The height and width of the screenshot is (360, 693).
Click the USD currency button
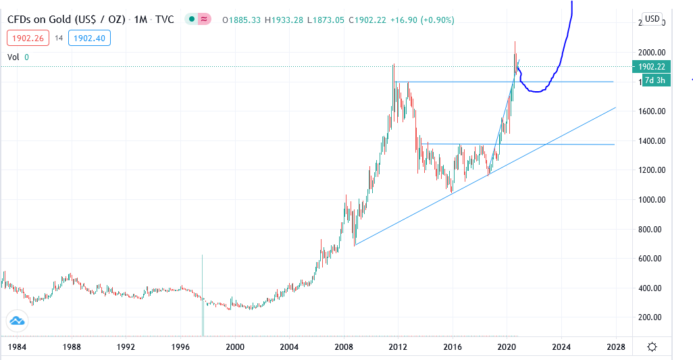coord(652,19)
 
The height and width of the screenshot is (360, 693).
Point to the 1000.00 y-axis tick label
coord(648,200)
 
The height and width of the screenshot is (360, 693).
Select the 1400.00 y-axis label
coord(648,141)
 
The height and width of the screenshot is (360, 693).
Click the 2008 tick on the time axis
coord(344,346)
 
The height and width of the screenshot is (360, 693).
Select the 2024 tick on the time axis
coord(561,346)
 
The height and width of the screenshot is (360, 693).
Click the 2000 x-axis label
coord(235,346)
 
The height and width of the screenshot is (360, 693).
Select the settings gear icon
coord(652,346)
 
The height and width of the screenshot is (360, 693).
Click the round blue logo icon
coord(16,322)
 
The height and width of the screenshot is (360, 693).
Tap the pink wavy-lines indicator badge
coord(203,20)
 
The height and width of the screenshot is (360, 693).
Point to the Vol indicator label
coord(13,57)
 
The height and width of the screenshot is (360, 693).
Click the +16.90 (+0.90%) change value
coord(414,20)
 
